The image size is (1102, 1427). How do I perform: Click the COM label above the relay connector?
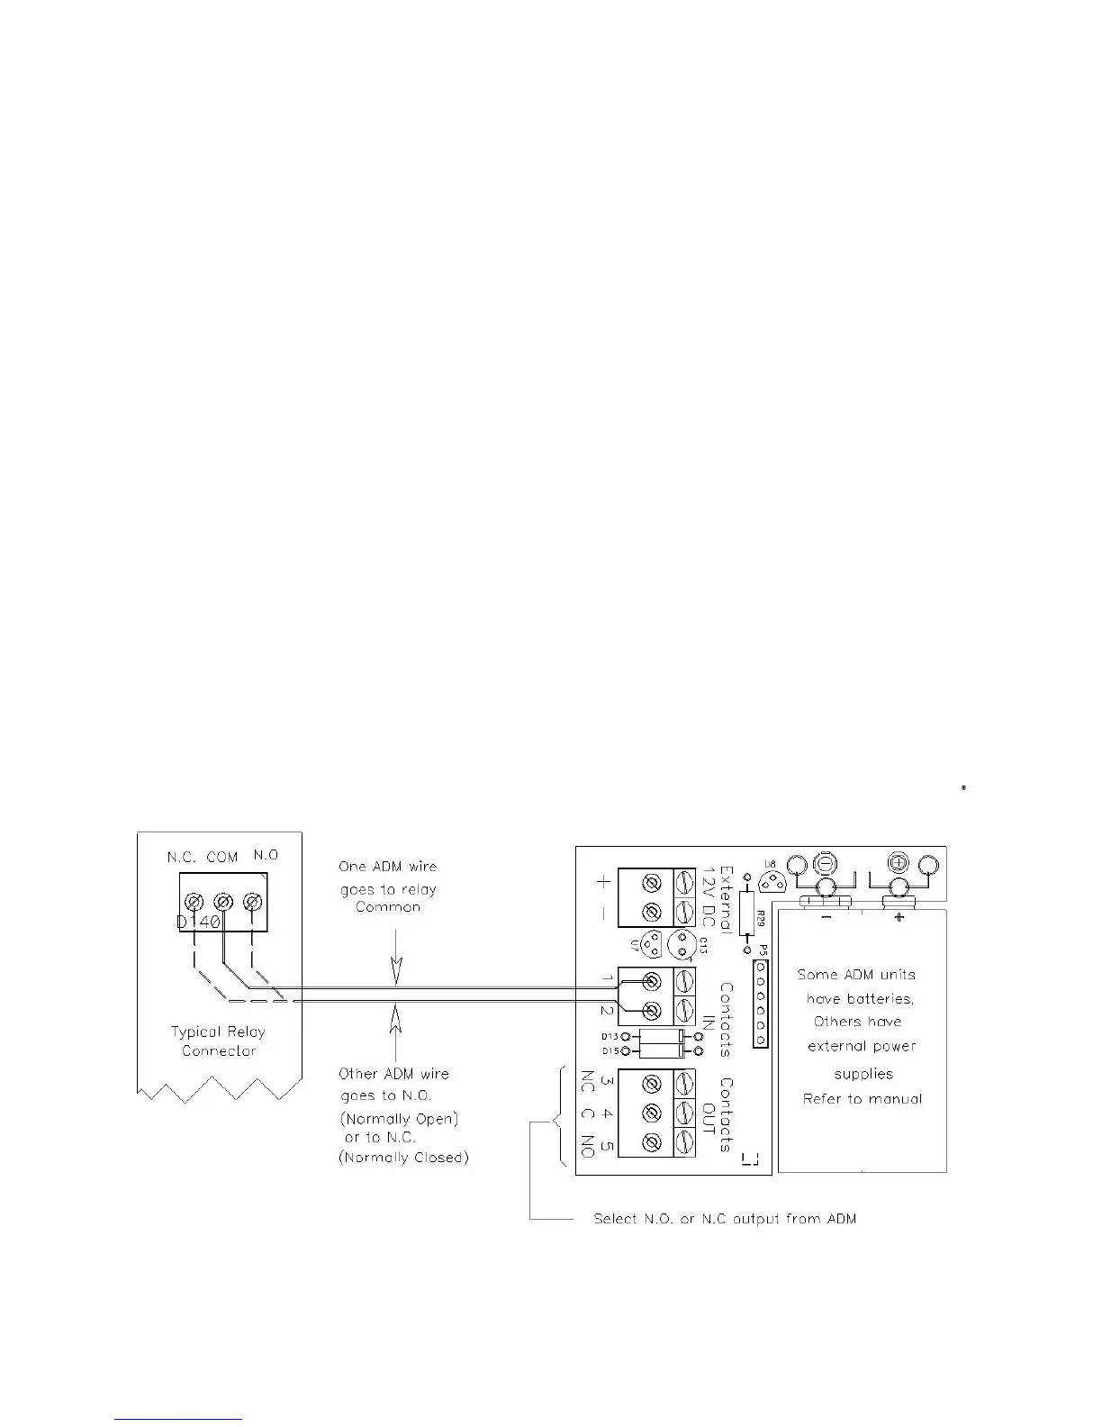221,858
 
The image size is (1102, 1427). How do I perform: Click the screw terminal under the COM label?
222,901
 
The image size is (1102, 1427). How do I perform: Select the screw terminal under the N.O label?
253,901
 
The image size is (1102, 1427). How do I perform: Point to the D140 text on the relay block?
198,923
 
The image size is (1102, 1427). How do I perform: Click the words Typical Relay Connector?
218,1041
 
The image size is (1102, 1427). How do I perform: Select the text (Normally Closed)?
403,1158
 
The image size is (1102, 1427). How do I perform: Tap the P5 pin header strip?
761,1003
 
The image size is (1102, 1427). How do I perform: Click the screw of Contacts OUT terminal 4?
655,1113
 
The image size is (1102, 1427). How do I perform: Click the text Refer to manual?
862,1099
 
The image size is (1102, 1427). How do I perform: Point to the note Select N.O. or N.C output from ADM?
725,1219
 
